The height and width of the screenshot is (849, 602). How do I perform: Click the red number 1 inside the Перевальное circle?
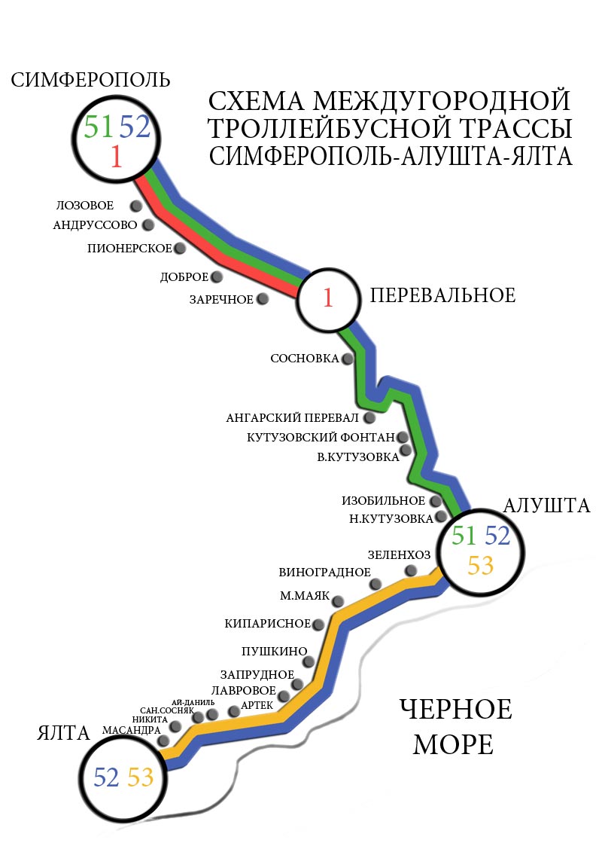(328, 298)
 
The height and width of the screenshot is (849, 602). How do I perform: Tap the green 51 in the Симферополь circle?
(99, 127)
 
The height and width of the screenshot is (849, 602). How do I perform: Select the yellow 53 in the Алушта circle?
(480, 566)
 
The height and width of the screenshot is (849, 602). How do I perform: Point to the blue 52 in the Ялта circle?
(106, 777)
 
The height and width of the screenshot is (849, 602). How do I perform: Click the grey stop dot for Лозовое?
(136, 206)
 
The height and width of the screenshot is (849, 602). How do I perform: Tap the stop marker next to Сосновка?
(348, 359)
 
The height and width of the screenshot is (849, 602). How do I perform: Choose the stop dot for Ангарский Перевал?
(370, 417)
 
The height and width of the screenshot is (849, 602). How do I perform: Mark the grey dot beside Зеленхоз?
(411, 570)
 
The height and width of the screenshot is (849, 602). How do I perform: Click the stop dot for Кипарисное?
(318, 625)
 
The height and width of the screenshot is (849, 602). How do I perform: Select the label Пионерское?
(129, 249)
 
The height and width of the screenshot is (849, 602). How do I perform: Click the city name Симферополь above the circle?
(90, 80)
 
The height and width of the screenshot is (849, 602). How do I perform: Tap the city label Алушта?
(546, 505)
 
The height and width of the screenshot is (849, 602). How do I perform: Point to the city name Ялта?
(63, 733)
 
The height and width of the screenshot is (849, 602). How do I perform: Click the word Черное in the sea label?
(455, 710)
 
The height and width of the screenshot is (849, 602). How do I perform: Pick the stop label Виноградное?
(324, 573)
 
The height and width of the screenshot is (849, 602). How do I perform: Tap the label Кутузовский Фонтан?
(321, 438)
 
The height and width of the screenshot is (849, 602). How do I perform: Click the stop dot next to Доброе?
(217, 276)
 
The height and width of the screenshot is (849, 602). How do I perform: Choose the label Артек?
(257, 706)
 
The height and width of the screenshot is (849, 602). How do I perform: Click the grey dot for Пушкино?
(309, 661)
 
